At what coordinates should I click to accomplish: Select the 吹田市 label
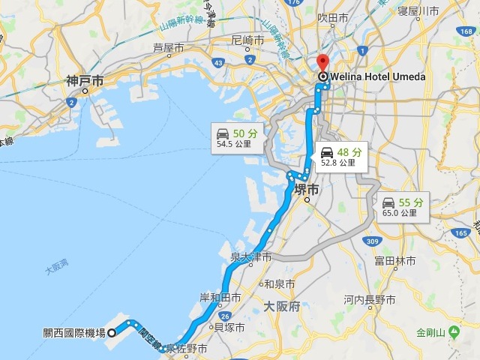(x=332, y=16)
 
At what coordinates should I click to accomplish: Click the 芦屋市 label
(x=168, y=47)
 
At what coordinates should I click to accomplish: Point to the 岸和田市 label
(x=219, y=298)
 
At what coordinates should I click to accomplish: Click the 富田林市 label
(x=395, y=261)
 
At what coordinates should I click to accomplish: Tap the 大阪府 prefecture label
(x=282, y=307)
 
